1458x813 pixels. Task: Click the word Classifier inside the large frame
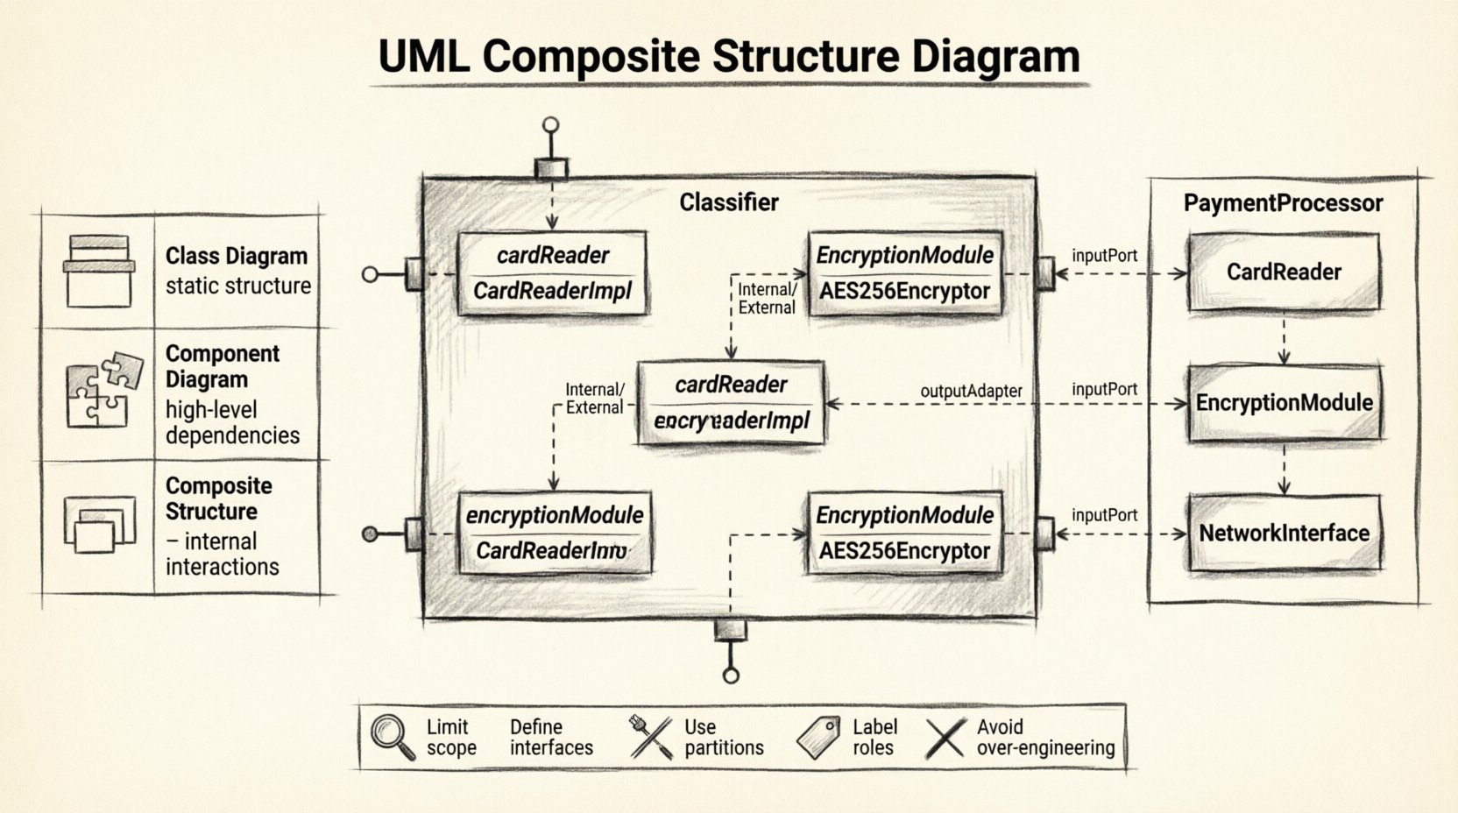pos(729,202)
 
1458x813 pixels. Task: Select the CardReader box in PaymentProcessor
pos(1284,272)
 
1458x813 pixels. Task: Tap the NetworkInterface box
pos(1284,533)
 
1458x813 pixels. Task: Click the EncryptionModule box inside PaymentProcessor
pos(1284,403)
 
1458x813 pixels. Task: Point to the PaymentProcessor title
pos(1283,203)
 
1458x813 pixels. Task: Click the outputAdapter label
pos(971,391)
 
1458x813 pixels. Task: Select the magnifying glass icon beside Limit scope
pos(392,736)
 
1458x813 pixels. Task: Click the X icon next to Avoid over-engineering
pos(945,738)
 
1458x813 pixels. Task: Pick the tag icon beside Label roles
pos(818,737)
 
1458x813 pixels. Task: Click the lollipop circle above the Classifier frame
pos(550,125)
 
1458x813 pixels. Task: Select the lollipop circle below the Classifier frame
pos(730,675)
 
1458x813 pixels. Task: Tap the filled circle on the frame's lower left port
pos(371,534)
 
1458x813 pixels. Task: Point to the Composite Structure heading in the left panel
pos(218,498)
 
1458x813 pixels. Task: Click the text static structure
pos(237,286)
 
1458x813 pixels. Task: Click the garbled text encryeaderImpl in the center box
pos(731,421)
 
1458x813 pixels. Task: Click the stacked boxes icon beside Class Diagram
pos(99,271)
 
